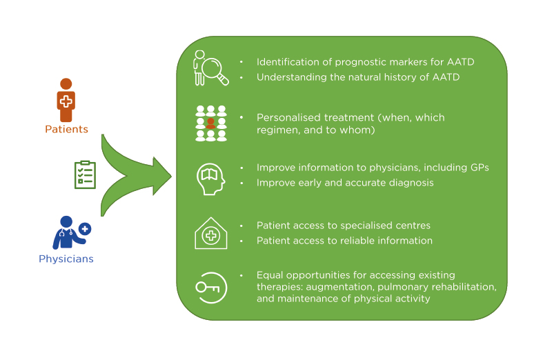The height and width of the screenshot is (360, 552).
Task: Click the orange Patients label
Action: tap(66, 129)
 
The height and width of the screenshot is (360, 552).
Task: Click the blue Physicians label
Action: tap(66, 259)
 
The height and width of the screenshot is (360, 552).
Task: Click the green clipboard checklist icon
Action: tap(85, 174)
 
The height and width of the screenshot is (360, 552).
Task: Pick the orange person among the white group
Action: tap(211, 124)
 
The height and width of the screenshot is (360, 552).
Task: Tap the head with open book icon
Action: tap(210, 177)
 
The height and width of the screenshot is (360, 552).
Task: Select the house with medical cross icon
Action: tap(210, 233)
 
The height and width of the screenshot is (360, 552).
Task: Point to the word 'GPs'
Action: tap(480, 168)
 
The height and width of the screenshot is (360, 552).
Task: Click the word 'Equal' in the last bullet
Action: tap(270, 275)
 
